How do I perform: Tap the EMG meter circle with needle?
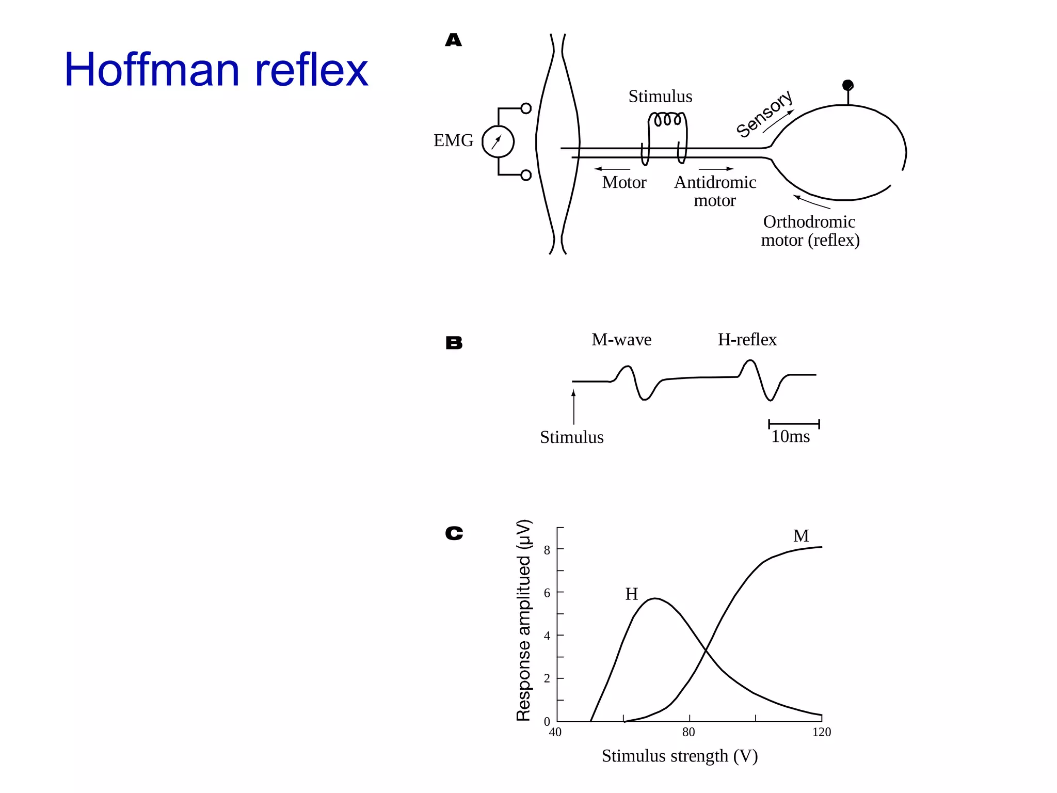[x=498, y=141]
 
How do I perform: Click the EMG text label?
[x=453, y=140]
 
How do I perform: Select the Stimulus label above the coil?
[x=660, y=97]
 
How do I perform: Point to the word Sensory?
[x=763, y=114]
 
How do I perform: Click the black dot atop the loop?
[x=847, y=85]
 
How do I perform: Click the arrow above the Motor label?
[x=612, y=169]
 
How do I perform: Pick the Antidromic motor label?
[x=715, y=191]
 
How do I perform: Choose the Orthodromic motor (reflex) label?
[x=810, y=231]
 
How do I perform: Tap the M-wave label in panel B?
[x=621, y=340]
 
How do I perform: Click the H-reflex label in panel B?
[x=747, y=340]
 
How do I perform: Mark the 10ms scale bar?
[x=794, y=424]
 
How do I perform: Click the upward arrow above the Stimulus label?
[x=573, y=407]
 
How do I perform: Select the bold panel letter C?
[x=454, y=533]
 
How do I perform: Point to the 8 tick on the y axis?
[x=547, y=550]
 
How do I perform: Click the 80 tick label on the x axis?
[x=688, y=732]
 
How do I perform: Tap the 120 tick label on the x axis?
[x=821, y=732]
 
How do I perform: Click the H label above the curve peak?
[x=631, y=594]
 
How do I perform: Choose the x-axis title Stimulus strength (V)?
[x=679, y=756]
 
